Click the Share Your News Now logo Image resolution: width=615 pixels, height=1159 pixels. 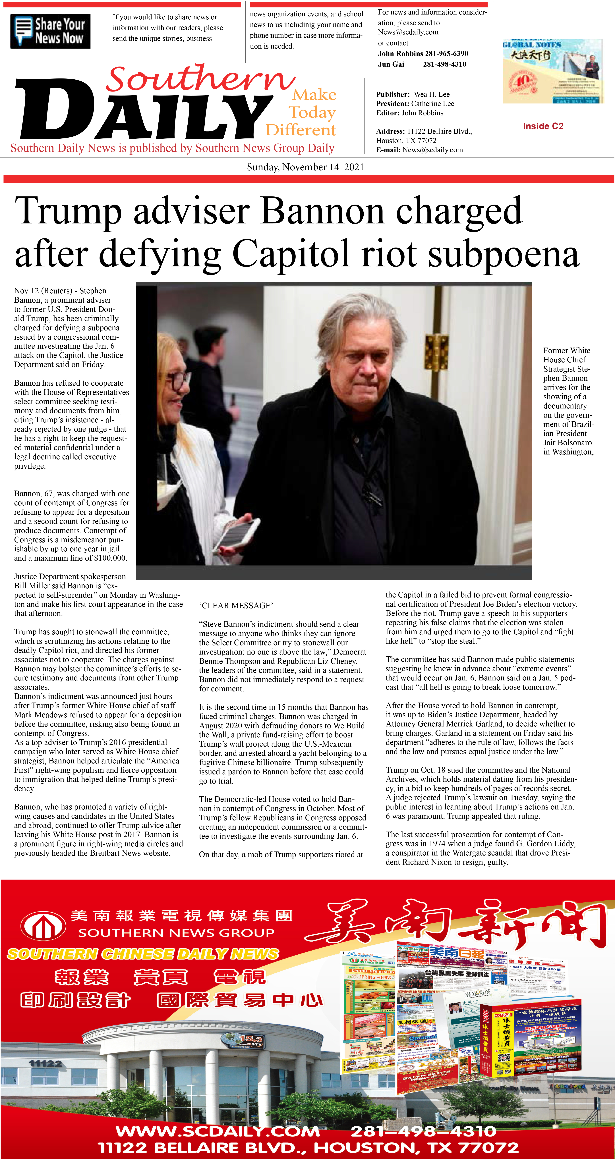coord(50,31)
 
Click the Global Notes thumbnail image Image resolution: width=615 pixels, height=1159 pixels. coord(552,71)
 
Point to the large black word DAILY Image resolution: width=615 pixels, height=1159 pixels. coord(144,110)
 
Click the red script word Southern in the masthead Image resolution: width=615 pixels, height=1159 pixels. coord(200,79)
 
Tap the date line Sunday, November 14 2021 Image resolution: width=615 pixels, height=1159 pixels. coord(306,167)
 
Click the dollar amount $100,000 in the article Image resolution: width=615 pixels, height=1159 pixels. coord(109,558)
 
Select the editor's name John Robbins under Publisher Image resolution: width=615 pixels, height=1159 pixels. coord(422,113)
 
